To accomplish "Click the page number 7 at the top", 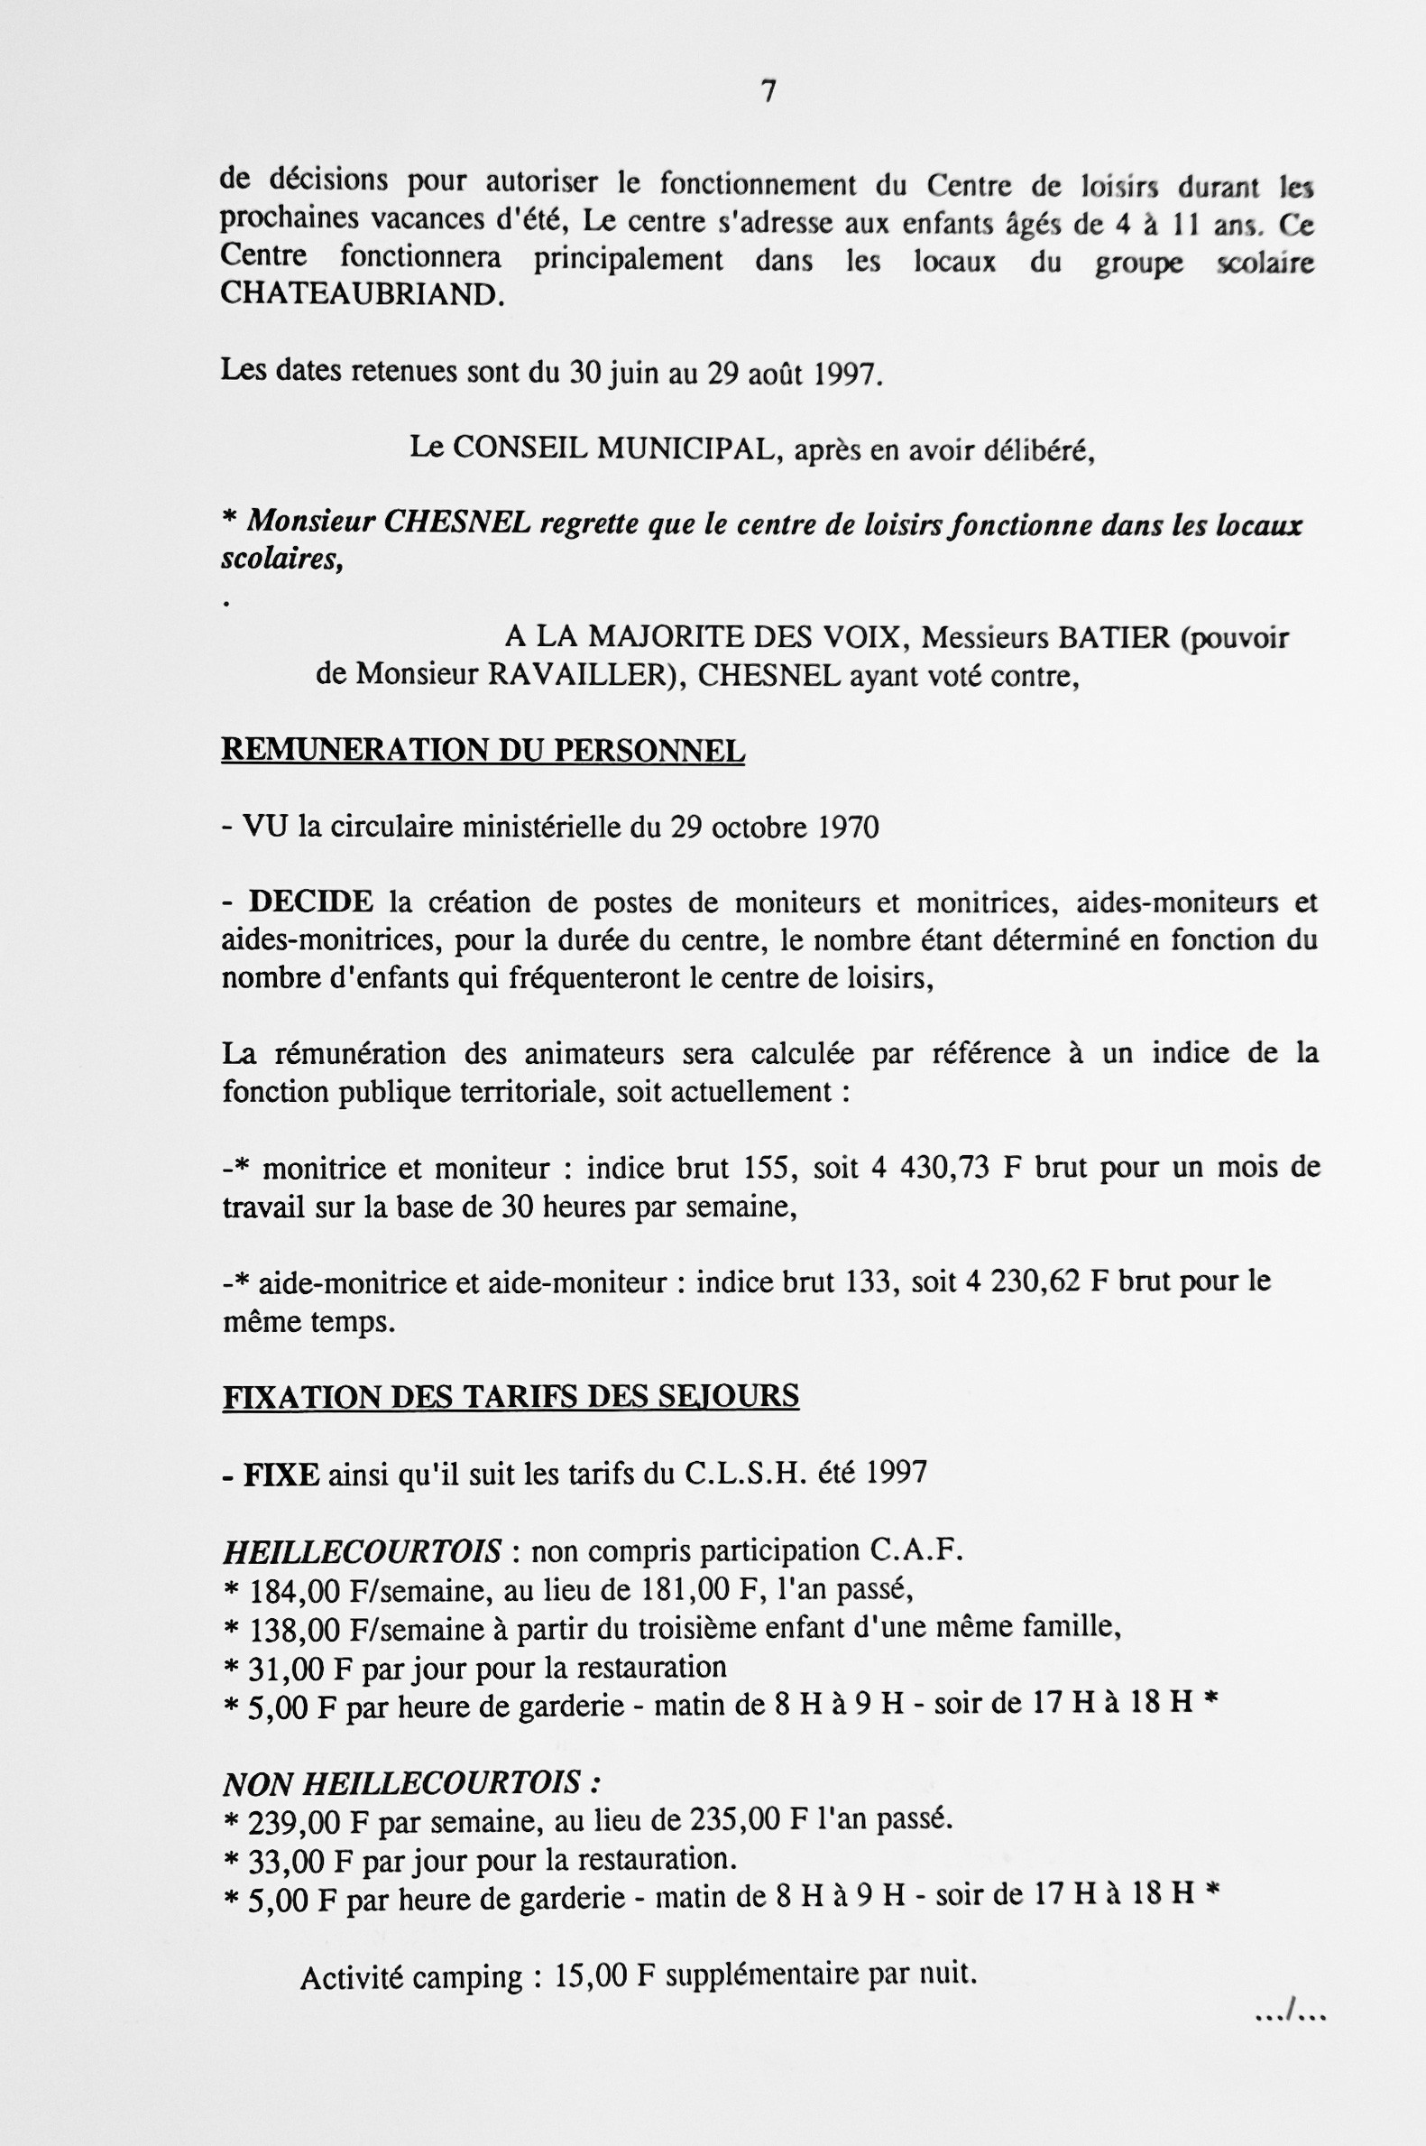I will pos(768,92).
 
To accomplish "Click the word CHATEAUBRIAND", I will pos(362,295).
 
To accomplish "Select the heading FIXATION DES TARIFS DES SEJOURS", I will pos(511,1395).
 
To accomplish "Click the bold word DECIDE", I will pos(310,902).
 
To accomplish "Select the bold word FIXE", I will pos(281,1473).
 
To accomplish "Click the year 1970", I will pos(848,827).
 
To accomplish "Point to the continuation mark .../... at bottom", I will pos(1290,2017).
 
